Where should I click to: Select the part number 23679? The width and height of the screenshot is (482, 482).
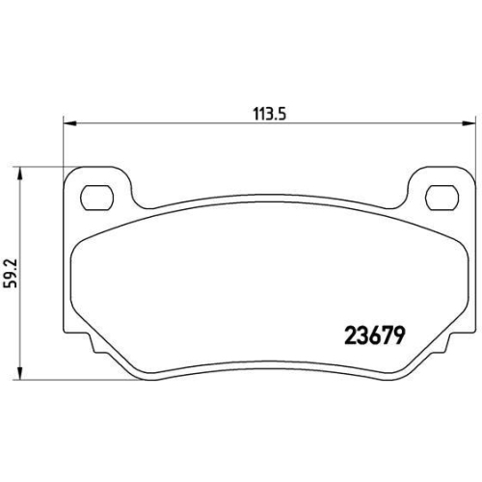tap(374, 336)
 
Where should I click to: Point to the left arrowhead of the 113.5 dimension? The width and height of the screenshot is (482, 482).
tap(68, 122)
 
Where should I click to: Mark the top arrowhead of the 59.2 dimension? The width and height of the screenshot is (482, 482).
tap(20, 165)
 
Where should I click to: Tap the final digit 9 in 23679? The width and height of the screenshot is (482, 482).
tap(397, 336)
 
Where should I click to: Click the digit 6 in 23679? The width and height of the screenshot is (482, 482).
tap(374, 336)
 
